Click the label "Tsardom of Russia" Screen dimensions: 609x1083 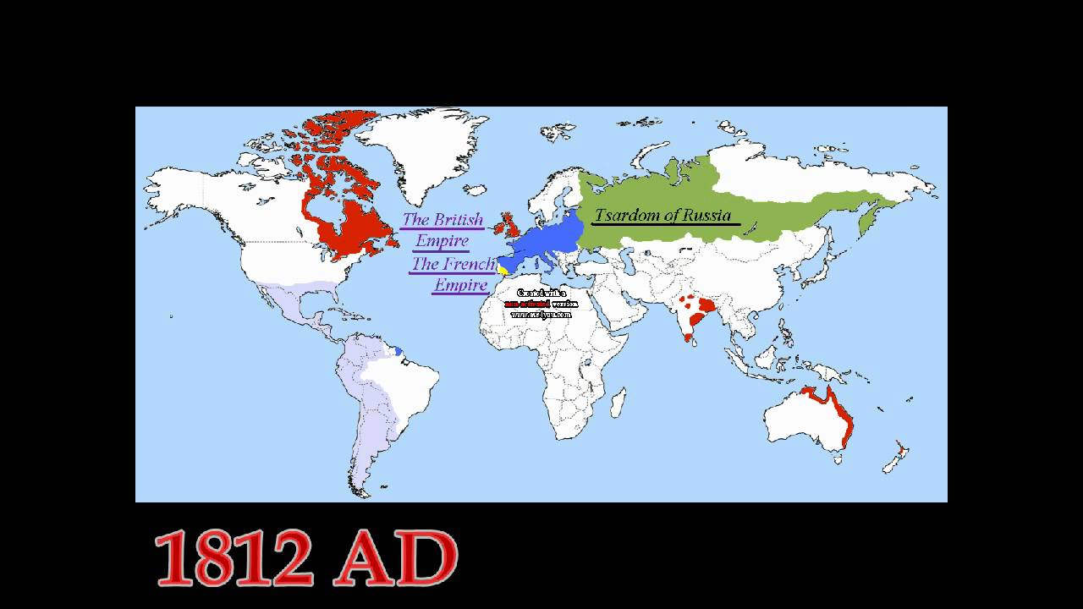[x=662, y=214]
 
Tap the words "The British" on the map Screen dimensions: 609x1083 [x=443, y=220]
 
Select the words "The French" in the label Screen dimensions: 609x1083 [x=452, y=264]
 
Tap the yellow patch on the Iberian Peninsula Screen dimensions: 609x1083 [x=503, y=270]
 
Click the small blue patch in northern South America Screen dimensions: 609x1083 [x=398, y=350]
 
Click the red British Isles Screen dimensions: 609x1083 [x=510, y=227]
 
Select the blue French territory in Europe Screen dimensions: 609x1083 [x=546, y=241]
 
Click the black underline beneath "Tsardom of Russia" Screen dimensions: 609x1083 [x=667, y=225]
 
